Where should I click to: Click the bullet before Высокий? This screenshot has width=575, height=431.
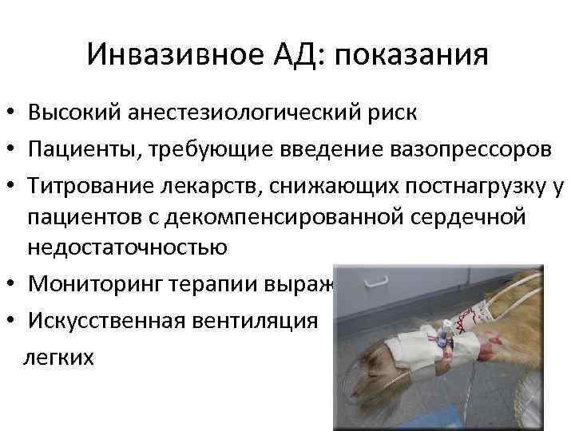point(10,112)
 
